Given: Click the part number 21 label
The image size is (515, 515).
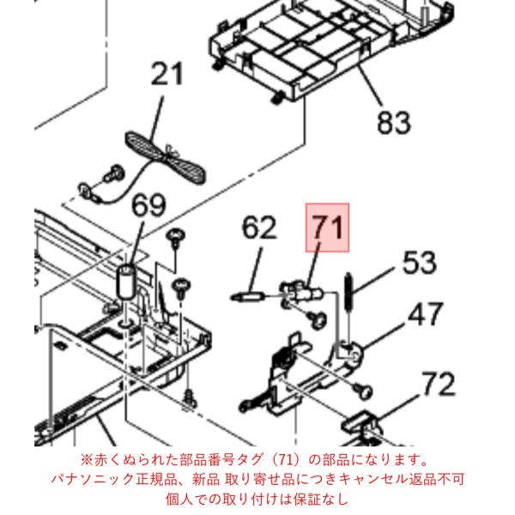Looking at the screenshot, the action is click(x=167, y=75).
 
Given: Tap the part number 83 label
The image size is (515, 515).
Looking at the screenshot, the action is click(x=394, y=122).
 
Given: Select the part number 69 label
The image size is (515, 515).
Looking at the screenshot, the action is click(x=148, y=205).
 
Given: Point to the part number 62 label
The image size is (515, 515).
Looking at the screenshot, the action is click(x=259, y=227).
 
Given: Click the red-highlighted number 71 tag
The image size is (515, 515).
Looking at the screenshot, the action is click(x=328, y=227).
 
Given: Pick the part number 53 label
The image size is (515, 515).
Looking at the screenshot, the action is click(x=420, y=262).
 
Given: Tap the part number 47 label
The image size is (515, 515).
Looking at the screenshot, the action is click(x=426, y=314).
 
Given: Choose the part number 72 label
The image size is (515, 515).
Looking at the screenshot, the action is click(x=439, y=384).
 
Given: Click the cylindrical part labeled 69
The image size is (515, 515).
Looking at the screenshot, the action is click(x=127, y=282).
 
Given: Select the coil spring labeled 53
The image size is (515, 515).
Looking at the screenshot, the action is click(x=348, y=293).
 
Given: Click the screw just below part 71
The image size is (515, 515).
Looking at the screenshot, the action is click(x=318, y=319).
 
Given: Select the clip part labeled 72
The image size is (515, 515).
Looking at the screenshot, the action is click(x=362, y=427).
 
